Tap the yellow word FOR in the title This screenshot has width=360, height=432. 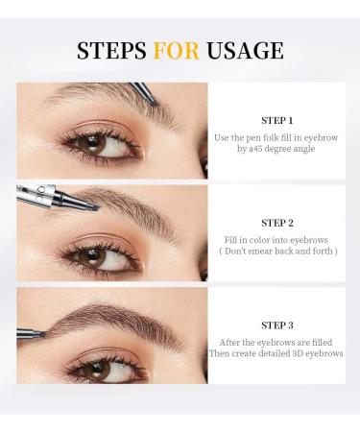(x=185, y=50)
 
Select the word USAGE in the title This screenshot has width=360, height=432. (x=249, y=50)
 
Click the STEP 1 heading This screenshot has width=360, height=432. (x=277, y=121)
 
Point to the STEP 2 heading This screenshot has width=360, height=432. (x=277, y=223)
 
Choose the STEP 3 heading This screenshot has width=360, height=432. (x=277, y=324)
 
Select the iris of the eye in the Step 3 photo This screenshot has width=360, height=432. (x=94, y=367)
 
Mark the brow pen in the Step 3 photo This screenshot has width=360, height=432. (x=31, y=333)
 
